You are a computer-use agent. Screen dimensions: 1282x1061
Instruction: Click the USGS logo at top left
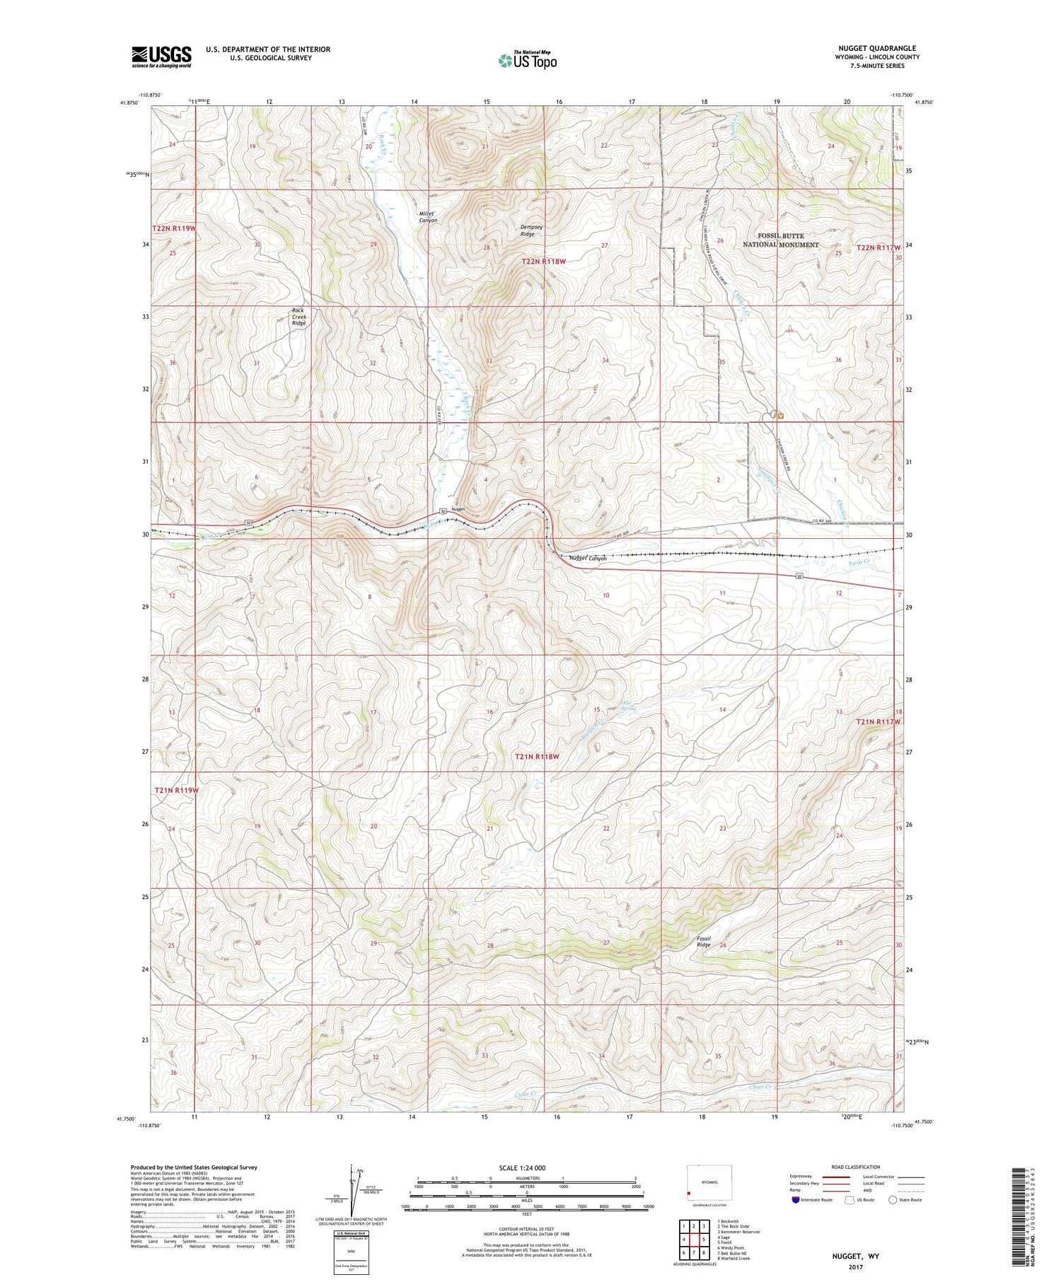161,57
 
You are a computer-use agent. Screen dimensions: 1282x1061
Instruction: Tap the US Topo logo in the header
528,61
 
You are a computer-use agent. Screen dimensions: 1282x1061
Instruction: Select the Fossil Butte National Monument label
780,240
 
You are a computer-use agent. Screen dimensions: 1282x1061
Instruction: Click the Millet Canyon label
428,216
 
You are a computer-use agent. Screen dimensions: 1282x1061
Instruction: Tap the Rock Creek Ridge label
299,317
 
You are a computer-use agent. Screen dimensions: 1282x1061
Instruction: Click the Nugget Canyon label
588,558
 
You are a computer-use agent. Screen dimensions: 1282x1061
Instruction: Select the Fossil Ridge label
703,941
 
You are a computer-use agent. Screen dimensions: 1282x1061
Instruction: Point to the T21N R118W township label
537,756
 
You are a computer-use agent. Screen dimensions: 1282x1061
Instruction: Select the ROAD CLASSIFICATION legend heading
856,1167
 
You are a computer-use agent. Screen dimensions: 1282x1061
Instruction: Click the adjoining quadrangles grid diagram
694,1239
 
